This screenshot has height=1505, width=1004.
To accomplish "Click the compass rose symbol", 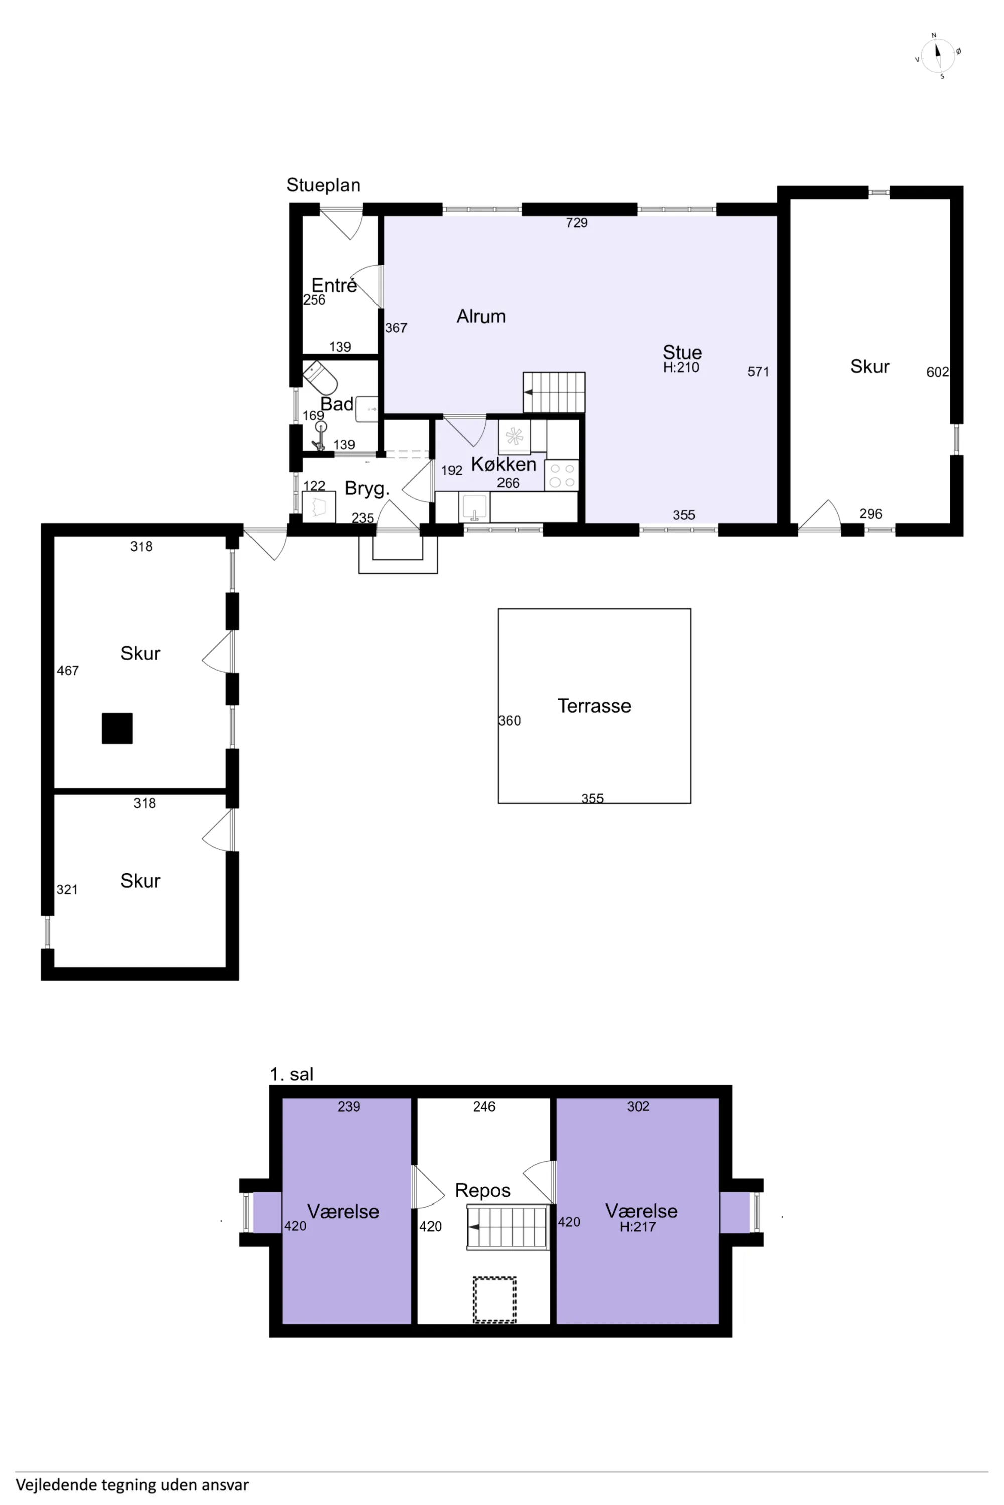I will click(x=938, y=56).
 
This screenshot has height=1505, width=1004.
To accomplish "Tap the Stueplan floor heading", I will click(x=323, y=185).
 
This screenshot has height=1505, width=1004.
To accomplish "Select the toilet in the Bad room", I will click(x=321, y=378).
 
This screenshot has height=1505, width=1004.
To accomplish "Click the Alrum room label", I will click(x=481, y=316).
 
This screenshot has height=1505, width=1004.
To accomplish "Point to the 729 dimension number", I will click(x=576, y=223).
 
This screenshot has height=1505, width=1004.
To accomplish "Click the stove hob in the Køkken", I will click(x=562, y=476).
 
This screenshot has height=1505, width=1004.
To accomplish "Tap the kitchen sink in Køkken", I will click(x=474, y=506).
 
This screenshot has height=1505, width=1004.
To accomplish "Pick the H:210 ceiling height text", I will click(x=681, y=367).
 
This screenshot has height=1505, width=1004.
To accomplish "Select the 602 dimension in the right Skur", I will click(x=937, y=372).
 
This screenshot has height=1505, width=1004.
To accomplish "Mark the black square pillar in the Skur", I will click(x=117, y=728).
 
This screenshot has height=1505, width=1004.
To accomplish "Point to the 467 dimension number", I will click(x=68, y=671).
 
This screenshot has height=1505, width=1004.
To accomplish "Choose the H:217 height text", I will click(x=637, y=1226).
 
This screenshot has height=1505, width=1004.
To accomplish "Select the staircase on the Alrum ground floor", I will click(x=554, y=392).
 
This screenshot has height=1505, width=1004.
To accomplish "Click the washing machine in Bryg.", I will click(x=319, y=507).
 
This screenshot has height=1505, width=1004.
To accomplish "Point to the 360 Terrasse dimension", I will click(x=510, y=721).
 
